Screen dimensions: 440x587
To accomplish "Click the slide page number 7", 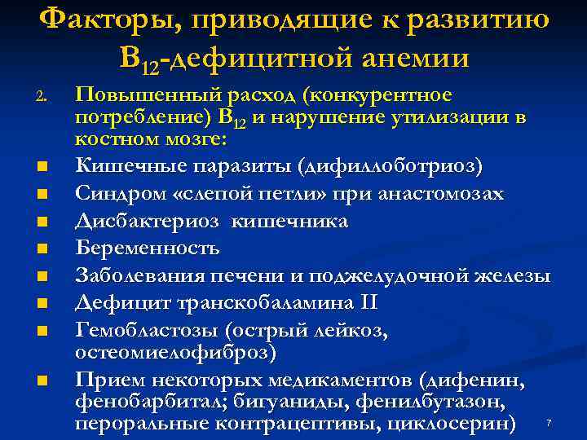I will [549, 422].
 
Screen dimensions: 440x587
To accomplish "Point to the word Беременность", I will [148, 245].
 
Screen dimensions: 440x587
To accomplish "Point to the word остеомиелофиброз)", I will [175, 353].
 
